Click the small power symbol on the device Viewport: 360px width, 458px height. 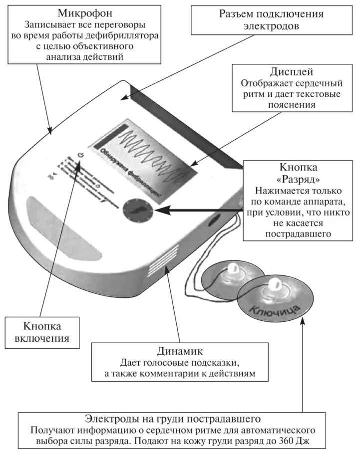click(80, 156)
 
